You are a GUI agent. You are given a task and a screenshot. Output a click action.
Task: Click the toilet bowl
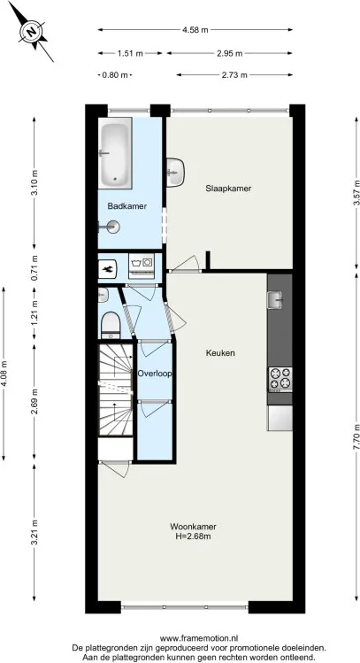coord(111,325)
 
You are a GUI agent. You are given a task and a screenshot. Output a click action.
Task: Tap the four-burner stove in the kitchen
coord(280,379)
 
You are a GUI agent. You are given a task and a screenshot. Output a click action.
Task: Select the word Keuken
coord(219,353)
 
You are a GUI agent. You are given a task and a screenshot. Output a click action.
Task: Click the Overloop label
coord(154,374)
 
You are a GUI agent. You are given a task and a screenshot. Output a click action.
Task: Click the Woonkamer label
coord(194,527)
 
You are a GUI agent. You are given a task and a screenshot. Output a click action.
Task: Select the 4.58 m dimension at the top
coord(195,29)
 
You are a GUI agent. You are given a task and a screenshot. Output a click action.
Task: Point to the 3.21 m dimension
coord(34,535)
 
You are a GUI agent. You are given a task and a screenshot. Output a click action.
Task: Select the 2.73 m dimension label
coord(233,75)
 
